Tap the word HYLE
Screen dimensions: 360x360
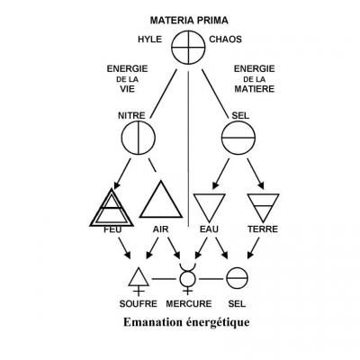[150, 40]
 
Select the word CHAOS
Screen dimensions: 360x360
[224, 40]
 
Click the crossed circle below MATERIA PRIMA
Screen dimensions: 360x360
[187, 47]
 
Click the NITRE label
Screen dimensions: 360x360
[131, 116]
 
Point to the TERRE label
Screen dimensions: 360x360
[264, 230]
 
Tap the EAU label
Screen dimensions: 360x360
[209, 230]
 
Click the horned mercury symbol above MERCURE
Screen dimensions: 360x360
[187, 279]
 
